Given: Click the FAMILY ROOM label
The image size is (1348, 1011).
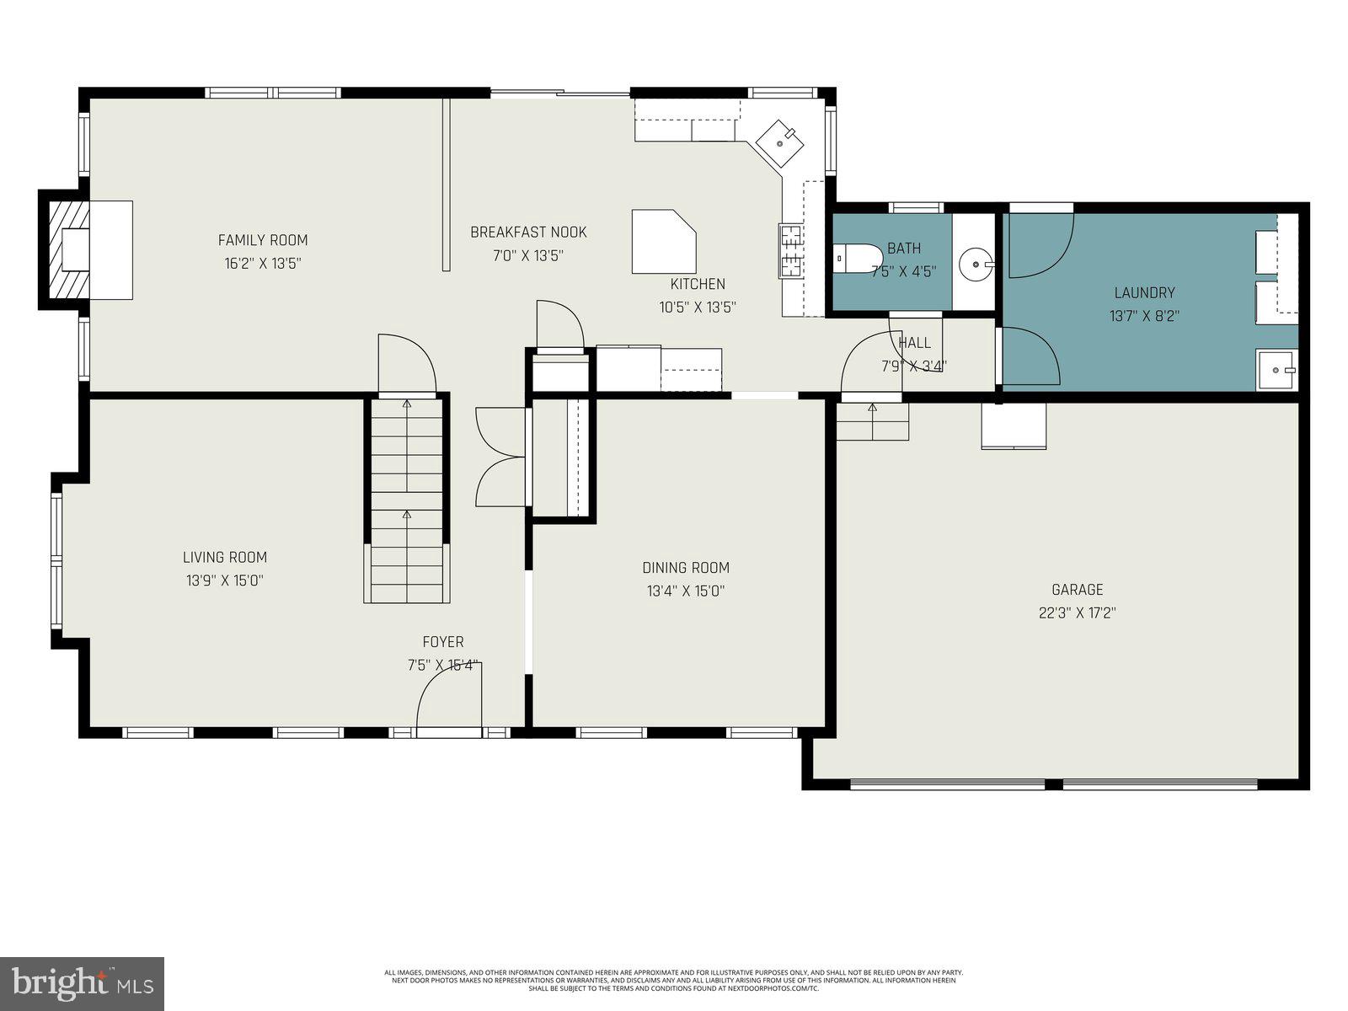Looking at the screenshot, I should click(x=263, y=240).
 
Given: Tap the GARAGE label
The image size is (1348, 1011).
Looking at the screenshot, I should click(x=1077, y=590).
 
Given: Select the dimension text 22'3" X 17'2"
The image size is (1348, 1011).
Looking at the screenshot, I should click(x=1077, y=613).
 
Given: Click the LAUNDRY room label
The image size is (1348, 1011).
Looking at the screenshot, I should click(x=1144, y=293).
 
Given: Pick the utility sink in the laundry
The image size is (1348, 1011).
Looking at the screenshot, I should click(x=1276, y=369).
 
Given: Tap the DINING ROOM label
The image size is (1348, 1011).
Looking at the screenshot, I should click(x=686, y=568).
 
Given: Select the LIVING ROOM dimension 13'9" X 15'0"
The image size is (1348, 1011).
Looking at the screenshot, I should click(x=225, y=580).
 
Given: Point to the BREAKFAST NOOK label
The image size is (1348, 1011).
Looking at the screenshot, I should click(x=528, y=233).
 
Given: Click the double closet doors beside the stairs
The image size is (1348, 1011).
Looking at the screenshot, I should click(x=501, y=457).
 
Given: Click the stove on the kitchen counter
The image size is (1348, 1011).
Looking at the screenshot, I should click(x=790, y=251).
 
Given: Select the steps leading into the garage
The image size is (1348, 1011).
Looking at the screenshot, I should click(x=873, y=421).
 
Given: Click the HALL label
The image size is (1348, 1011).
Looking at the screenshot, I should click(x=914, y=343).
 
